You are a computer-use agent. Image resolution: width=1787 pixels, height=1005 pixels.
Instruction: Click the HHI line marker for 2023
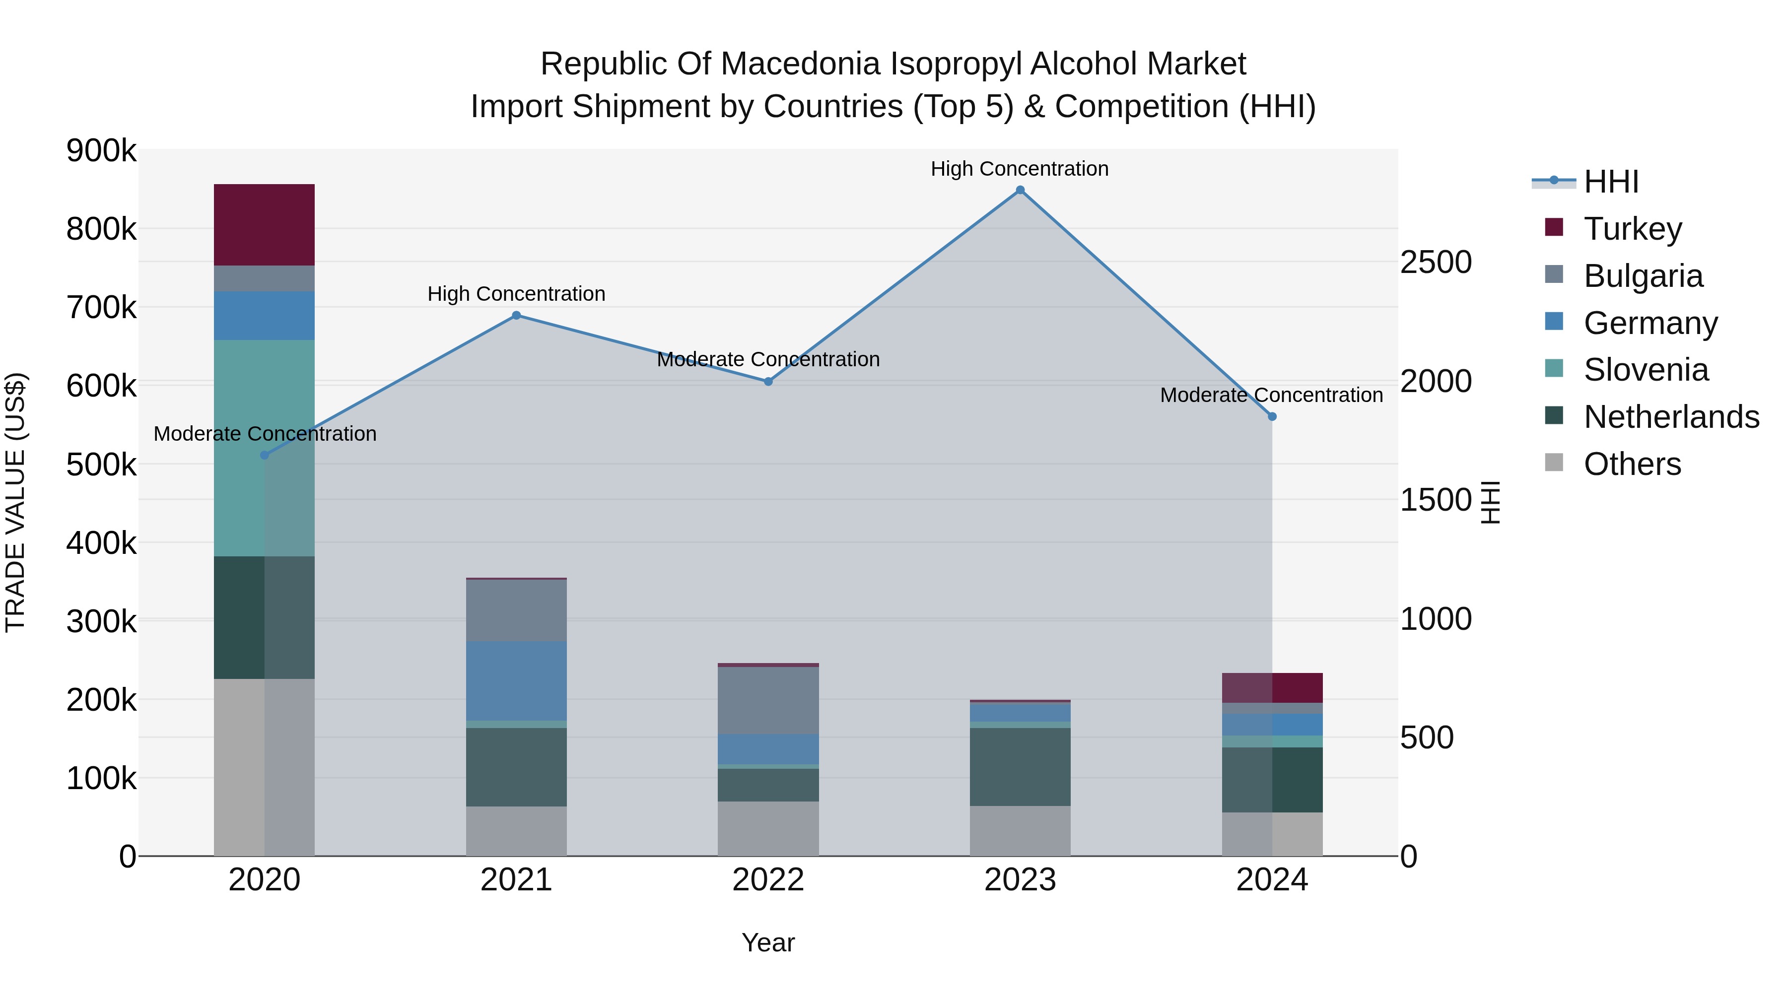click(x=1020, y=190)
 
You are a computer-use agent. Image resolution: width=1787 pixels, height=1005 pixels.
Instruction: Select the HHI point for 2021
click(x=516, y=316)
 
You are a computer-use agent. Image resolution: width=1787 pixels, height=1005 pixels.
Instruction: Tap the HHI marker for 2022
click(x=768, y=382)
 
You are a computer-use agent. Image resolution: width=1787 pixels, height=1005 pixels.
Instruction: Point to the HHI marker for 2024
click(x=1272, y=417)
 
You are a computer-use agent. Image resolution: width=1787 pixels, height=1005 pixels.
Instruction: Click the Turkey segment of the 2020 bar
click(x=264, y=225)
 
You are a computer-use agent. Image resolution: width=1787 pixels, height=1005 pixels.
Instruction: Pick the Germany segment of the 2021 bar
click(x=516, y=680)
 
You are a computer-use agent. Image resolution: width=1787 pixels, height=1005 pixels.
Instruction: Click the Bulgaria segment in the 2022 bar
click(x=768, y=700)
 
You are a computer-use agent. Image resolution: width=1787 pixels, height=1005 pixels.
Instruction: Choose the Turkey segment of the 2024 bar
click(x=1272, y=688)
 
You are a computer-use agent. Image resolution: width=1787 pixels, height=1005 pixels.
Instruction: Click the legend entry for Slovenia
click(x=1646, y=370)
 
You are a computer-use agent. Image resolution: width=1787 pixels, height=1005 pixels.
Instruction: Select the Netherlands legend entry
click(x=1670, y=417)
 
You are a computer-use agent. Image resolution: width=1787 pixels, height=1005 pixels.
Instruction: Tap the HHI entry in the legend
click(x=1611, y=182)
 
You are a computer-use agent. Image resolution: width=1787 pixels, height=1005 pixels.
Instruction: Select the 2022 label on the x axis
click(x=768, y=880)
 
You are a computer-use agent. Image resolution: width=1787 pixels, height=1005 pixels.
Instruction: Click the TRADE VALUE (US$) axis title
click(x=15, y=502)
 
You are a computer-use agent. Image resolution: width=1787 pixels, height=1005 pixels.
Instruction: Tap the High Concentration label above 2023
click(x=1019, y=169)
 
